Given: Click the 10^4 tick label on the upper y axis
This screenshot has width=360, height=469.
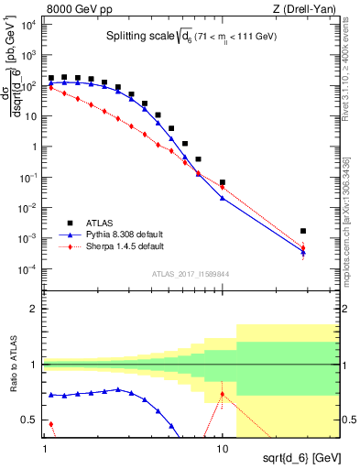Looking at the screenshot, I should [28, 26].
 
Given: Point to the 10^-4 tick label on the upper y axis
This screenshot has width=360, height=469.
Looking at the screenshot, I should [28, 268].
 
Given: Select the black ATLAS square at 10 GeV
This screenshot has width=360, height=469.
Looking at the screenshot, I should [223, 182].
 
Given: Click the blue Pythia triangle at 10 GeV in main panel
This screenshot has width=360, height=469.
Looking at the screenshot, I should [223, 198].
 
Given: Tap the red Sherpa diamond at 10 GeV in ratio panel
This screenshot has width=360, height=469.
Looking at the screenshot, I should [223, 395].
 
